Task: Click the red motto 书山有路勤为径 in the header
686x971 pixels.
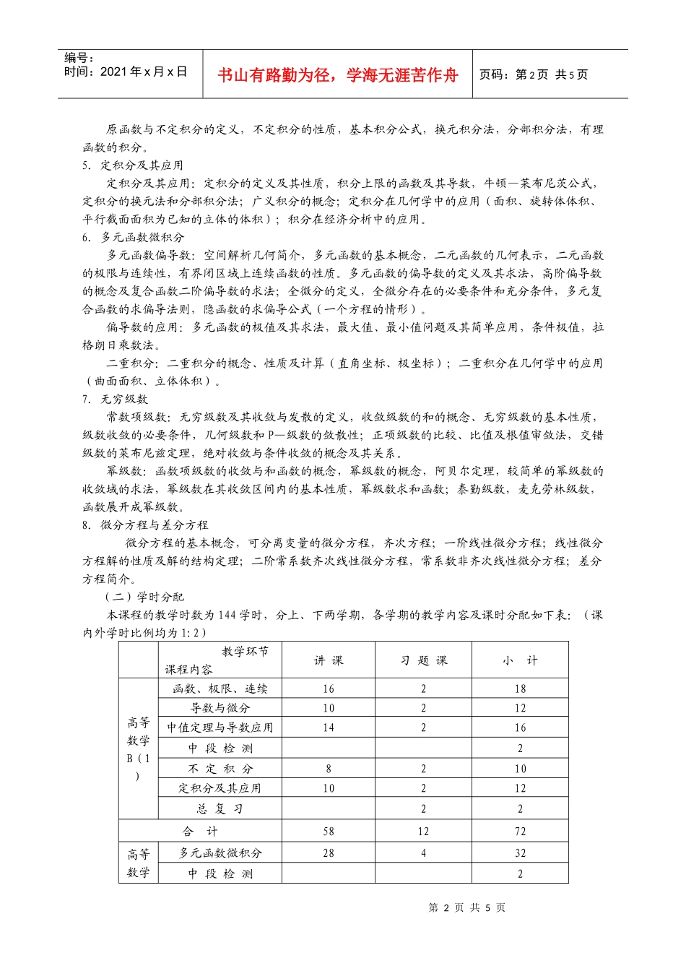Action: (x=337, y=75)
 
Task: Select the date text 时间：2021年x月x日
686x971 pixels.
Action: (x=126, y=72)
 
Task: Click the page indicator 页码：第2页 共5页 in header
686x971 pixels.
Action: (x=534, y=74)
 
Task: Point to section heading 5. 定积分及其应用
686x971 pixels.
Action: (x=133, y=165)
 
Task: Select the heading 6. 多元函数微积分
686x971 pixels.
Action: (x=133, y=238)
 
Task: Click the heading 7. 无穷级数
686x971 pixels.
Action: (x=115, y=400)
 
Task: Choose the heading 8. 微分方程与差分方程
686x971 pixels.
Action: (x=145, y=525)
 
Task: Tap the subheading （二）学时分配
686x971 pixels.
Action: (x=144, y=597)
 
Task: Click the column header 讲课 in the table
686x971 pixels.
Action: (x=329, y=660)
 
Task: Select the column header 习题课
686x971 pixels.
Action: (x=424, y=660)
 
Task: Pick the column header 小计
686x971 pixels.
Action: (x=521, y=660)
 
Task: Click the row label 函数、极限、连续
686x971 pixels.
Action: (x=220, y=689)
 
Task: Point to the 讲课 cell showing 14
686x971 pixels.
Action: (x=329, y=728)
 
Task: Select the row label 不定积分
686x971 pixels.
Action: (x=220, y=769)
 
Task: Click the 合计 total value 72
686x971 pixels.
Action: (x=521, y=832)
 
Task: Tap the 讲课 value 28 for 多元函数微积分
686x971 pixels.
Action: (x=329, y=853)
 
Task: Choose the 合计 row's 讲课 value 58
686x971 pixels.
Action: (x=329, y=832)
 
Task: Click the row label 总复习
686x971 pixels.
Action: (x=220, y=809)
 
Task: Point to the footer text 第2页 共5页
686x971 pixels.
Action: (x=467, y=908)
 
